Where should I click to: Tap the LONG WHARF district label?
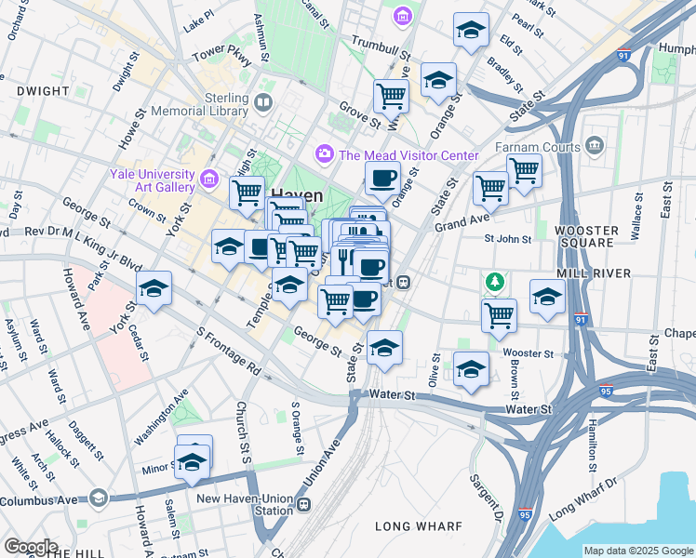coord(418,526)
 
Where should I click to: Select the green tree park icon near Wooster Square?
coord(495,280)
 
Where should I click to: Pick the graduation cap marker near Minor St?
coord(193,461)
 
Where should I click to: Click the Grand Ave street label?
coord(461,224)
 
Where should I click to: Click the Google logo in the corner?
coord(30,547)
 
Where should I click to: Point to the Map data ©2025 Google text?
coord(638,551)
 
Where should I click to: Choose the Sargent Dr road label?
coord(487,498)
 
